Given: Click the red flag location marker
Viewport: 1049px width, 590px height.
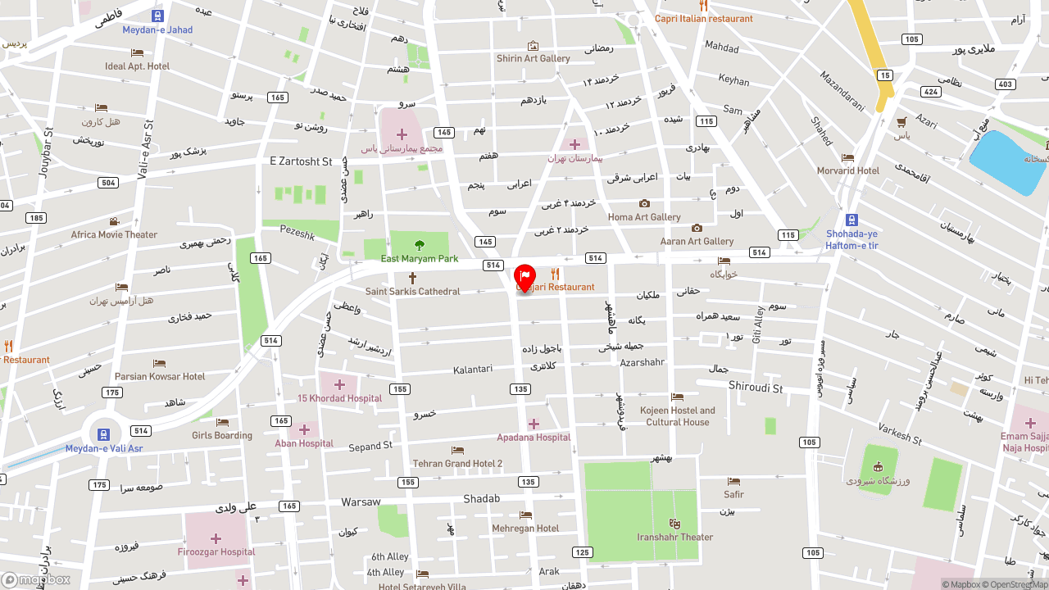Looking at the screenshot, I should tap(524, 277).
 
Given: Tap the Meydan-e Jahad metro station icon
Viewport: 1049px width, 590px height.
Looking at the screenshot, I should tap(157, 16).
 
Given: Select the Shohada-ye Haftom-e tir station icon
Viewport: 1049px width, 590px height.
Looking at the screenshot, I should tap(851, 220).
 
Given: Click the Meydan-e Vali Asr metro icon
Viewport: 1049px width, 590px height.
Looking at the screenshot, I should tap(104, 434).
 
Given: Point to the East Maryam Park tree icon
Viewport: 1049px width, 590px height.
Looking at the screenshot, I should tap(420, 245).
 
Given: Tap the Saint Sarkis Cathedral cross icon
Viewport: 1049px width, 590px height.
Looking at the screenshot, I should tap(412, 278).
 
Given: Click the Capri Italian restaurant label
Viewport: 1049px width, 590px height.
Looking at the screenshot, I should tap(703, 19).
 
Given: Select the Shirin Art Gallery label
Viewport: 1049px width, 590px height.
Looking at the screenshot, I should tap(533, 58).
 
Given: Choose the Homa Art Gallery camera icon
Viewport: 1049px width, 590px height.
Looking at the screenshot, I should tap(644, 203).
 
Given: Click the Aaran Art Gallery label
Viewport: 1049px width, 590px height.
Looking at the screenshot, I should tap(697, 241).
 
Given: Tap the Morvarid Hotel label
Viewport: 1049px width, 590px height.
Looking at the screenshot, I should tap(847, 170).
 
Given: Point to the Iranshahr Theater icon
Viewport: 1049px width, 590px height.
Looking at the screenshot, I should tap(674, 524).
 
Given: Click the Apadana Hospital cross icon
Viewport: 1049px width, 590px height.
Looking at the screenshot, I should tap(534, 424).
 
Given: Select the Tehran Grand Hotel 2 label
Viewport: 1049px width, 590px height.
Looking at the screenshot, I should tap(457, 464).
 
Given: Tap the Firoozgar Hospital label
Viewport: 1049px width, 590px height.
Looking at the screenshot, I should tap(217, 551).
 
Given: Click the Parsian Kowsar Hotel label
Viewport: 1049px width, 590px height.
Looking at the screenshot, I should tap(160, 376).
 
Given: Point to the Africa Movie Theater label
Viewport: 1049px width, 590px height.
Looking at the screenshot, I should tap(114, 234).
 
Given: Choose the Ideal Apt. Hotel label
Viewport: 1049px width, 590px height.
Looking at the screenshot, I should tap(137, 66).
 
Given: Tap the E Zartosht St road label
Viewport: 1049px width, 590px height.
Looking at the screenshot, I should tap(301, 161).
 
